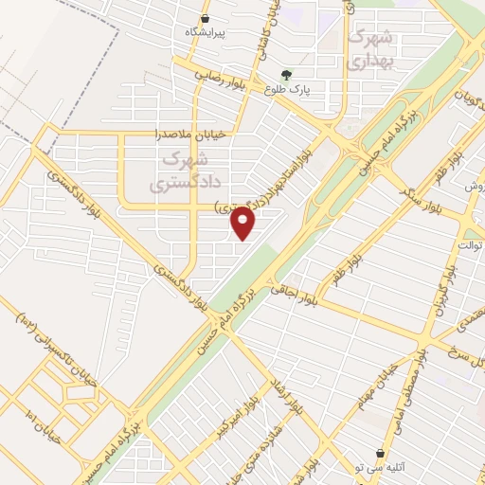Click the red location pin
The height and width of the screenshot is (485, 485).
point(243,224)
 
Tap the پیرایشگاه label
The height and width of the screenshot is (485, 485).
point(206,31)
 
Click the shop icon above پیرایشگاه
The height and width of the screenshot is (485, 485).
point(206,18)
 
